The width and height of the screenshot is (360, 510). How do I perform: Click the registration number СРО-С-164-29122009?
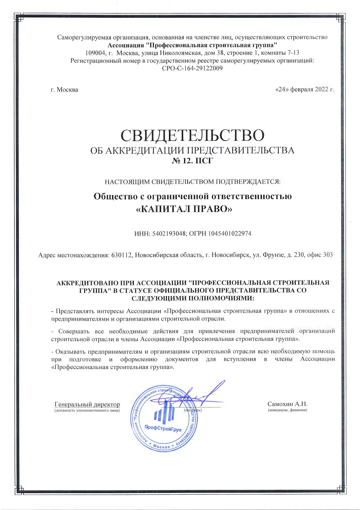(x=192, y=68)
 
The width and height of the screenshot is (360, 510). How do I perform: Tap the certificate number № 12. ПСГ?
(x=192, y=161)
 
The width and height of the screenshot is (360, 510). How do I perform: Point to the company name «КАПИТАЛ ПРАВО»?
(x=184, y=209)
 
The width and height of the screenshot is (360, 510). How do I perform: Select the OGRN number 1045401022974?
(x=230, y=234)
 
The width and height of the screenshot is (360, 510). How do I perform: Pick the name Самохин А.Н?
(x=287, y=404)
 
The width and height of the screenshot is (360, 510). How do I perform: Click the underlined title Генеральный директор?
(x=87, y=404)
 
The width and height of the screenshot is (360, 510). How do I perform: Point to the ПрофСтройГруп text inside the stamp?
(x=163, y=427)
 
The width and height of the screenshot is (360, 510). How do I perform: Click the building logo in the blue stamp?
(x=164, y=410)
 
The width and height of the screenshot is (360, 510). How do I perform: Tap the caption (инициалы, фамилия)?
(x=287, y=410)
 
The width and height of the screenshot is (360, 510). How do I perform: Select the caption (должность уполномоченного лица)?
(x=87, y=410)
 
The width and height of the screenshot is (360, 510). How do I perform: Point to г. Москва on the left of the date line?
(x=64, y=90)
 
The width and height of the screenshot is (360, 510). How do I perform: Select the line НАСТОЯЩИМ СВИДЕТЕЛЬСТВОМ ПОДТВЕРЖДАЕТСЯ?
(x=192, y=182)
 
